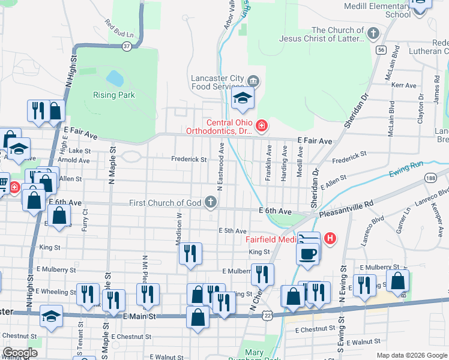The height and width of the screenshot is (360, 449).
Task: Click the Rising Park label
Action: pyautogui.click(x=113, y=95)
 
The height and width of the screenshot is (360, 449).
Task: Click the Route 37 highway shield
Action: pyautogui.click(x=126, y=46)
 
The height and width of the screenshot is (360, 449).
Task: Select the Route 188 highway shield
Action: pyautogui.click(x=429, y=178)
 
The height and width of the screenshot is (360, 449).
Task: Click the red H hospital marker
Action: pyautogui.click(x=329, y=239)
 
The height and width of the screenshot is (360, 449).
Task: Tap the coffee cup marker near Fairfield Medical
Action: pyautogui.click(x=307, y=253)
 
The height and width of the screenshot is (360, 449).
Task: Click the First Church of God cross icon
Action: pyautogui.click(x=210, y=202)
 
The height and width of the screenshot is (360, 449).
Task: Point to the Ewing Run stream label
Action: pyautogui.click(x=406, y=166)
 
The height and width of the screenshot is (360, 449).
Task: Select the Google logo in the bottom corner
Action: pyautogui.click(x=20, y=353)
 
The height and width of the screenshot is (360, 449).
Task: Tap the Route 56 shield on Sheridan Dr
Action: pyautogui.click(x=381, y=51)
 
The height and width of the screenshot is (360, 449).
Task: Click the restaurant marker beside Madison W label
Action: pyautogui.click(x=190, y=253)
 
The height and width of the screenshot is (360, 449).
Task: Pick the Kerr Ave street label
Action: pyautogui.click(x=403, y=86)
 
